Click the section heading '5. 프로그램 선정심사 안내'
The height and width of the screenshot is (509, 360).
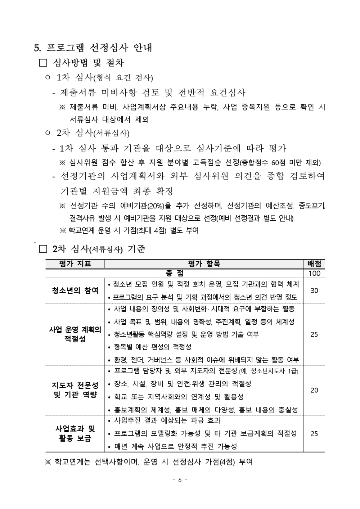(x=93, y=48)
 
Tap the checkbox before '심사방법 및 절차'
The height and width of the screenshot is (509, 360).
(x=43, y=63)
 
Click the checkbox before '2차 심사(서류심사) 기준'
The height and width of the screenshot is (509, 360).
(x=43, y=249)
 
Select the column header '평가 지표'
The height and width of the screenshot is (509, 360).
(x=75, y=264)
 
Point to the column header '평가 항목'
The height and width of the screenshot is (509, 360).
(x=204, y=264)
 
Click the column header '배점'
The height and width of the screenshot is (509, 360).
(x=314, y=264)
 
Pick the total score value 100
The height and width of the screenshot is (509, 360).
(x=314, y=273)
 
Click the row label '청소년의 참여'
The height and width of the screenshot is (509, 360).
(x=75, y=290)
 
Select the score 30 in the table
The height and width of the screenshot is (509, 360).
(x=314, y=290)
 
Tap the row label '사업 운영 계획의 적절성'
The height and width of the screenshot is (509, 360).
(x=75, y=334)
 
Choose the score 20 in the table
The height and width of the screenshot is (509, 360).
(x=314, y=390)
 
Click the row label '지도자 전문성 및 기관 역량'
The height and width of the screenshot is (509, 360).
(x=75, y=390)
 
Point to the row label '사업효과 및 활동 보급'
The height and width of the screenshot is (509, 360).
(x=75, y=433)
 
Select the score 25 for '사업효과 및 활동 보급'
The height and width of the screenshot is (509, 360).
(x=314, y=433)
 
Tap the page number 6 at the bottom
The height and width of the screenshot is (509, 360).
(x=180, y=479)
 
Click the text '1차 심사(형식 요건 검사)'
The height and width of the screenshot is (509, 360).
(x=104, y=78)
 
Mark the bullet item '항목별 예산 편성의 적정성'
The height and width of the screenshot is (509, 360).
(x=153, y=347)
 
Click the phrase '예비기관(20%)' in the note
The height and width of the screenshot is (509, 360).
(x=144, y=206)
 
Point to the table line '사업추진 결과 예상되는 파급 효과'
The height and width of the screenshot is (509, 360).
(x=167, y=420)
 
